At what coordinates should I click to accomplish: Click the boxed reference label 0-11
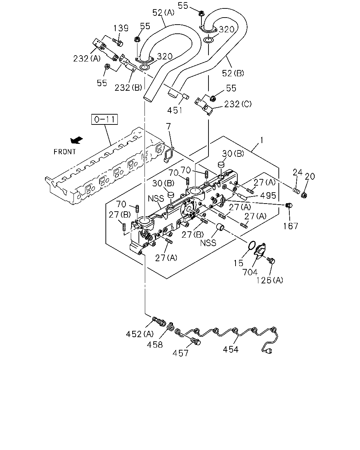104,119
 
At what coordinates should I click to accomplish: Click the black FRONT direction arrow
77,140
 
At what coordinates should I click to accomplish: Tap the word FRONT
65,152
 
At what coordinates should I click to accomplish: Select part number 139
121,28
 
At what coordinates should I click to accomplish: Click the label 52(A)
163,13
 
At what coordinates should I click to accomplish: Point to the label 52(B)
233,73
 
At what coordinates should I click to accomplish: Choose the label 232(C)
238,104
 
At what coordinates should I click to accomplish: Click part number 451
175,110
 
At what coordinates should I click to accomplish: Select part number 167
290,226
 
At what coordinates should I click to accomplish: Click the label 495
268,195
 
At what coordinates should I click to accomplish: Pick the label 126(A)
270,280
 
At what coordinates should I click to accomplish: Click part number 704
250,272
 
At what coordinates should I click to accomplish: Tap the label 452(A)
140,334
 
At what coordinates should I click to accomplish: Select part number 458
155,345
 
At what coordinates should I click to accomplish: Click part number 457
180,353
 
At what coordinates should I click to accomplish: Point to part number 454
231,349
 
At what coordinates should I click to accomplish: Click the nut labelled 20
304,195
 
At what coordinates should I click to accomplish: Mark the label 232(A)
87,58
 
